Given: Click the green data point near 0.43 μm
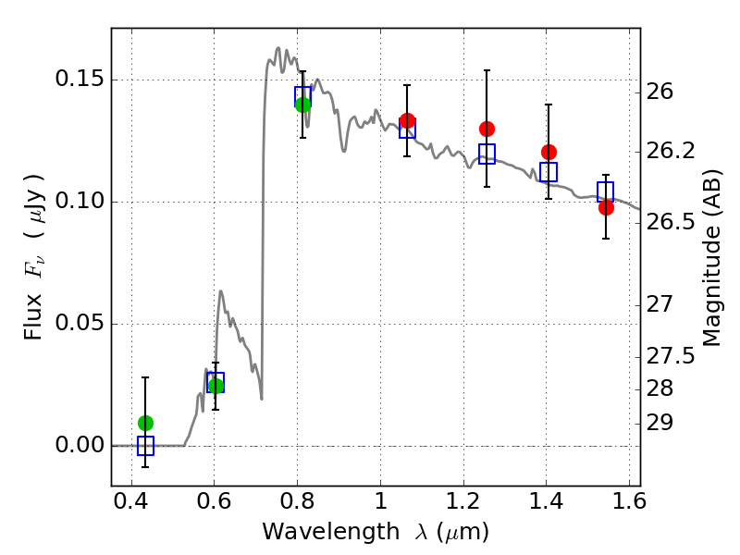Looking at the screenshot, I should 145,423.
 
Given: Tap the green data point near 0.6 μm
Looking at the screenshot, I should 216,386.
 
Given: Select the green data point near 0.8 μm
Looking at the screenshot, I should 302,105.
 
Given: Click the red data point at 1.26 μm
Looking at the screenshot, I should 487,129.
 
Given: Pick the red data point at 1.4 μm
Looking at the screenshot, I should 549,152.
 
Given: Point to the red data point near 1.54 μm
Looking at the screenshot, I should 606,207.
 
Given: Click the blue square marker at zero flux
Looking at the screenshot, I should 145,446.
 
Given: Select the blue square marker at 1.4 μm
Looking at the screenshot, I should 549,172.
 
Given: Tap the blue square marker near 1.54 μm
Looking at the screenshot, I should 606,191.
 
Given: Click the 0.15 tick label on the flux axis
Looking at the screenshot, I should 79,80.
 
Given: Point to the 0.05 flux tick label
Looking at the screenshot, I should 79,324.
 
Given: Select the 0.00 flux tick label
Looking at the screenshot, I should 79,446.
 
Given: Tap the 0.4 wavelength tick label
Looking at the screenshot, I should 131,503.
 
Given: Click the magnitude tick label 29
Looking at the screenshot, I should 660,423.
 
